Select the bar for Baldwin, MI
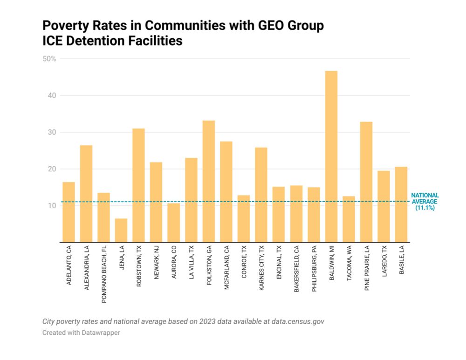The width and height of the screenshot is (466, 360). coord(331,156)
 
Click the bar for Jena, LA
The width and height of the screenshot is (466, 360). coord(121,231)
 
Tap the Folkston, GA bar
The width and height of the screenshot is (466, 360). coord(209,182)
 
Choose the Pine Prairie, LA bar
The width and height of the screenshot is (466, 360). coord(366,182)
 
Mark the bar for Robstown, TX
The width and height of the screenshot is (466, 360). coord(138,185)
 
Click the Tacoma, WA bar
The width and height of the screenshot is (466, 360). coord(349,219)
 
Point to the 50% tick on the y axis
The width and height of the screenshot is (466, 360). coord(49,59)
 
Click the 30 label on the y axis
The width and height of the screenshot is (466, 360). coord(51,132)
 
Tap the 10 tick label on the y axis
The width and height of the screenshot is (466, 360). coord(51,205)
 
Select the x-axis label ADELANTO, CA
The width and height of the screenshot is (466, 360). coord(69,266)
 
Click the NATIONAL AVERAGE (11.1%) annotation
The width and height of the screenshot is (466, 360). coord(425,202)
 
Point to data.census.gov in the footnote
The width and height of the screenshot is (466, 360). coord(301,321)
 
